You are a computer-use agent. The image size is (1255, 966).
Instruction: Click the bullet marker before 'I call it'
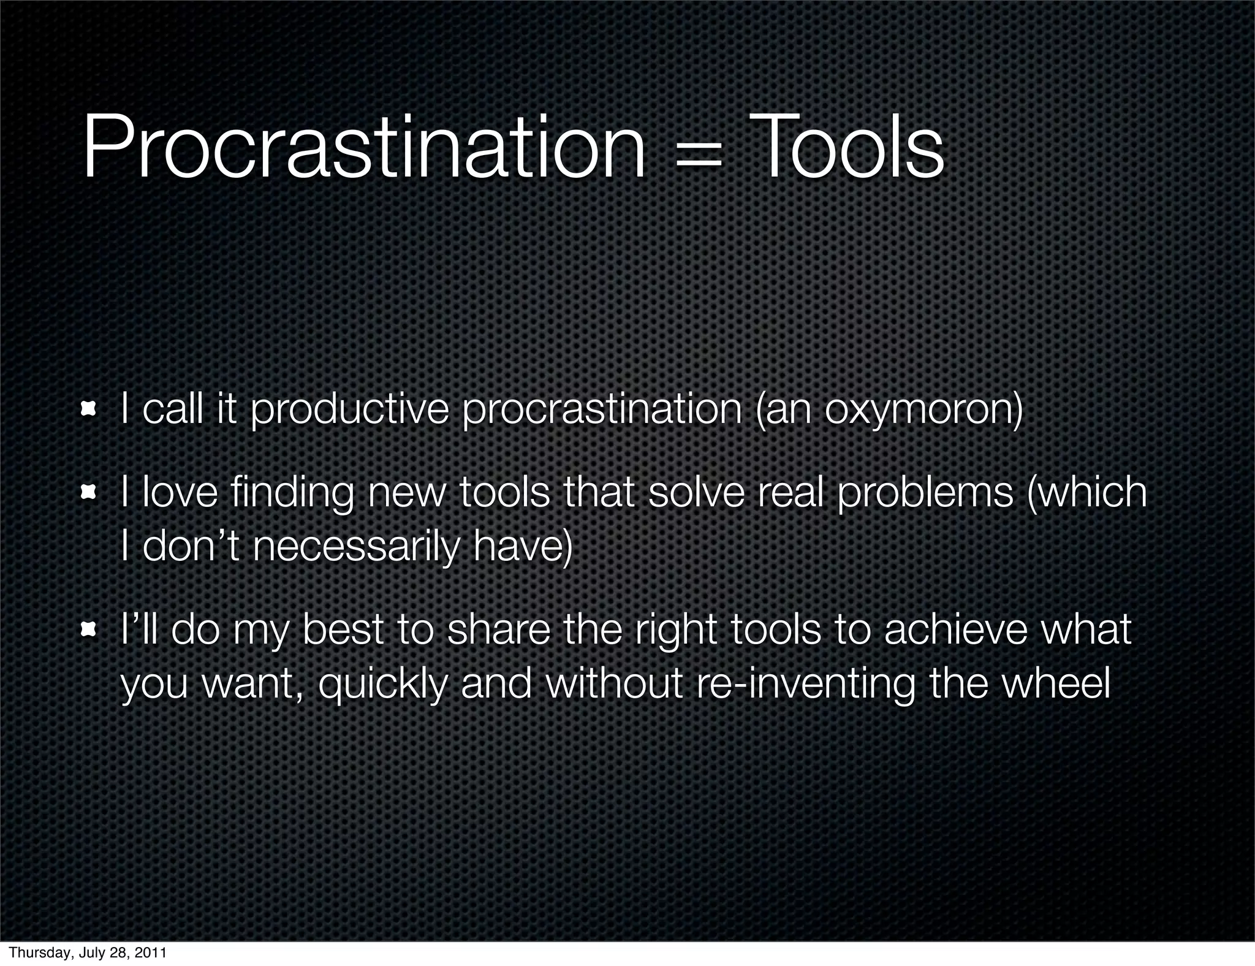(90, 409)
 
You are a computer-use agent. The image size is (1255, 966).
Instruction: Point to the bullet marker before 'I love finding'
(90, 492)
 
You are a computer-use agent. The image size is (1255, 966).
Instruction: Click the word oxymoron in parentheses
(920, 411)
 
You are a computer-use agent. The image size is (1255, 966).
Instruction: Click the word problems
(925, 494)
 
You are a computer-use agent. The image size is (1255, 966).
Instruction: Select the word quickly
(383, 684)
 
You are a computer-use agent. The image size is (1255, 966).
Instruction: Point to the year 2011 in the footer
(151, 953)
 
